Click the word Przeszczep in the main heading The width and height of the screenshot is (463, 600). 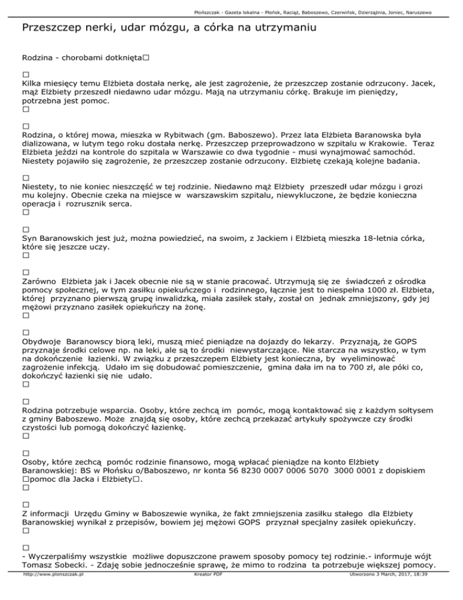point(53,28)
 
